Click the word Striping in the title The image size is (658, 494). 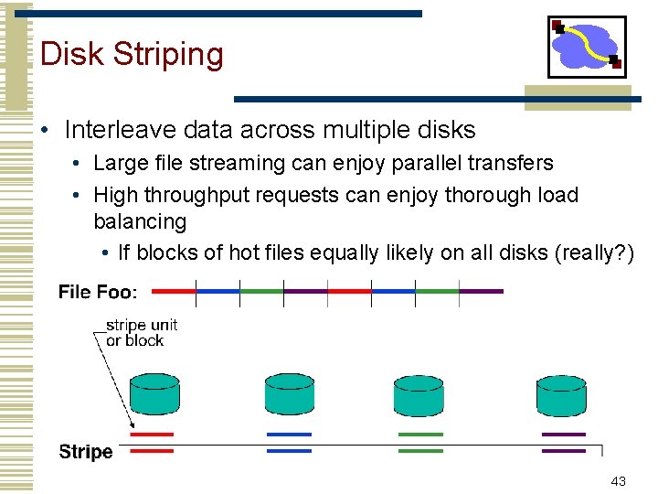[168, 55]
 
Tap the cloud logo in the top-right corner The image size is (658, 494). [587, 46]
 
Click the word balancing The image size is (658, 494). [140, 221]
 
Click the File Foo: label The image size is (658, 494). [98, 293]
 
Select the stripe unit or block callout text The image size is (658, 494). [141, 333]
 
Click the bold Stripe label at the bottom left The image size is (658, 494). [86, 452]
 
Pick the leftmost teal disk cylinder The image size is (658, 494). [155, 394]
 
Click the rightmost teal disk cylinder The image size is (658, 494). [561, 394]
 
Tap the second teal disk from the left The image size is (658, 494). [290, 394]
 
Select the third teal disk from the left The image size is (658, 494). [419, 394]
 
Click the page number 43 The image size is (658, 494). [618, 482]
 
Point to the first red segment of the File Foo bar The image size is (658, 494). [174, 292]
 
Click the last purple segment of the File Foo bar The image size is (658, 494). [482, 292]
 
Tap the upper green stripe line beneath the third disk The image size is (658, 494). [420, 435]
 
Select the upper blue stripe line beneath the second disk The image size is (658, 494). [290, 435]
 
